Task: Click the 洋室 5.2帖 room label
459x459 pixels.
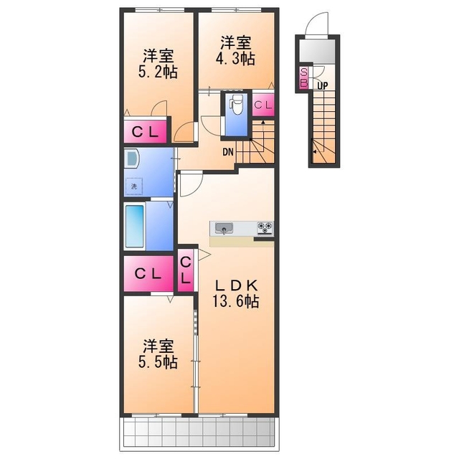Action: click(x=158, y=64)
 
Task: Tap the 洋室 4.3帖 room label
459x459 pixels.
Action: click(x=235, y=50)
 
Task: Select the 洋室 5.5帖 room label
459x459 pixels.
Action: click(x=158, y=354)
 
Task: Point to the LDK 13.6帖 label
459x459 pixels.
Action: click(x=236, y=293)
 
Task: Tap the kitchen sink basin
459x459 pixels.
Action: click(x=224, y=228)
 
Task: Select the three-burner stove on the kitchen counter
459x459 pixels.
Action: click(x=265, y=228)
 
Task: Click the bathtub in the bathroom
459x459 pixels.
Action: click(x=135, y=226)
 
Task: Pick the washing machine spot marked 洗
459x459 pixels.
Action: click(x=134, y=186)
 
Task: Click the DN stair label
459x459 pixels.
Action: click(x=228, y=152)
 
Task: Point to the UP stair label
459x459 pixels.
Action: click(x=322, y=86)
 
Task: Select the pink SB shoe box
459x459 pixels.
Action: click(x=304, y=77)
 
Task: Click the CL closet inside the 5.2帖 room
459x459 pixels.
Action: click(x=145, y=132)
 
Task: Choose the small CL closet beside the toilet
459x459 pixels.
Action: click(x=263, y=105)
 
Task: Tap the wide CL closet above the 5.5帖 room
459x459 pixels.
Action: click(x=148, y=274)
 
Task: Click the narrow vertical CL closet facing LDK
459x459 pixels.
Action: click(x=186, y=270)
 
